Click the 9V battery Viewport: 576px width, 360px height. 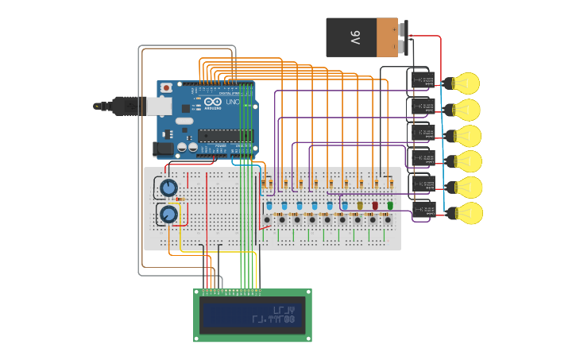coord(361,37)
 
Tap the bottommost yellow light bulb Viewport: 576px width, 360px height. coord(466,213)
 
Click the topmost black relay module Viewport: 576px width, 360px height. coord(421,80)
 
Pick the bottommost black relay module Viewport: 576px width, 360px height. coord(423,210)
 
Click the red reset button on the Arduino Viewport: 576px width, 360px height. coord(166,87)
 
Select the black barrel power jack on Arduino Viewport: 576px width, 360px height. coord(162,148)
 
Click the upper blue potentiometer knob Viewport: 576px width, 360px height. coord(168,188)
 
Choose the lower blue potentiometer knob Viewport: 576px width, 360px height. coord(168,214)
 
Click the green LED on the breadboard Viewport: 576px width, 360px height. coord(390,206)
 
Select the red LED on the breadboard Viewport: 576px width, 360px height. coord(375,206)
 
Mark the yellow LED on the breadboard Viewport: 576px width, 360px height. coord(360,206)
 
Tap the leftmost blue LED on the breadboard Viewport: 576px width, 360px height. coord(269,206)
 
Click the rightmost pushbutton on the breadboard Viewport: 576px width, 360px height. coord(388,220)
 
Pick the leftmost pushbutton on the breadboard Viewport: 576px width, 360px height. coord(267,220)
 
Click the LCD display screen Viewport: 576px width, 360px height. coord(252,315)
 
